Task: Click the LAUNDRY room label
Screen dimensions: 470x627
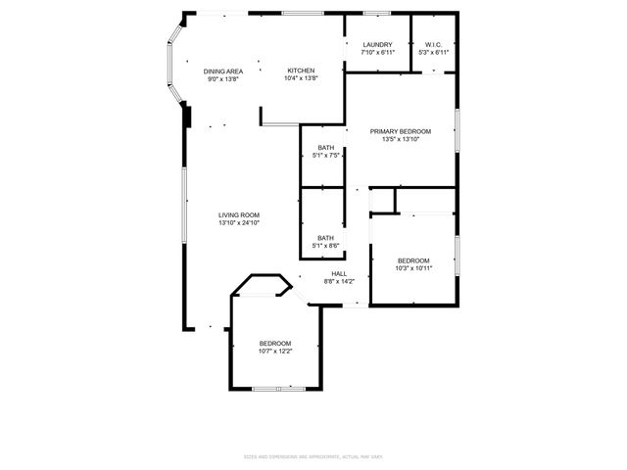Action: (377, 45)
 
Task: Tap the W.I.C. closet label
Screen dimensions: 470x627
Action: (435, 45)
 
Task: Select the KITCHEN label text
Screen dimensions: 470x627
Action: (300, 71)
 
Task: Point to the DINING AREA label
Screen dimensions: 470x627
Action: (223, 71)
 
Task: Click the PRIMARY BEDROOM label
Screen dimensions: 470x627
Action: (400, 131)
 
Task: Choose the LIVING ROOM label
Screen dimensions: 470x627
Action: (239, 215)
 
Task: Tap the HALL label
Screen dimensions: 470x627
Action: (338, 274)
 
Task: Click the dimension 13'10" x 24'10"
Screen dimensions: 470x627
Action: (239, 223)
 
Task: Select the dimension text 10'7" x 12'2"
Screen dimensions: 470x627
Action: (275, 351)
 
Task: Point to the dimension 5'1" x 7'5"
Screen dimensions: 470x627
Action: (325, 156)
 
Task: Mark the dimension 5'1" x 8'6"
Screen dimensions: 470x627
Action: (325, 245)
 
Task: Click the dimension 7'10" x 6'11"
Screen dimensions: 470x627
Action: (377, 53)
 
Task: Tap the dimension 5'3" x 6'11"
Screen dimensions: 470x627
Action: (435, 53)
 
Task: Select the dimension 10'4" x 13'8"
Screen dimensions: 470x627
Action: (300, 79)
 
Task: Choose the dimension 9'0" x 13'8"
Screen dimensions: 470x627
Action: (223, 79)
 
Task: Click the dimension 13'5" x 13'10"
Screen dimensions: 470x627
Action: (400, 139)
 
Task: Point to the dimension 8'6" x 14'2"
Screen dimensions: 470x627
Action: (338, 282)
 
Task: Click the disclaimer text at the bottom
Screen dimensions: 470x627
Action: (313, 457)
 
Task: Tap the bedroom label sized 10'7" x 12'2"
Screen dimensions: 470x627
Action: (275, 343)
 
